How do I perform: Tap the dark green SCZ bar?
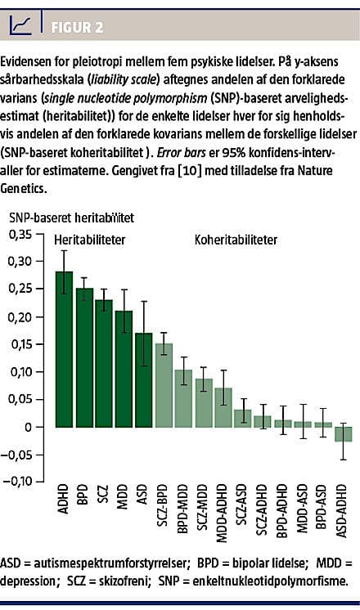(104, 363)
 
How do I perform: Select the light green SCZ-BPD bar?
(164, 385)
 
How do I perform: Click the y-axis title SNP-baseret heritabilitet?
(71, 218)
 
